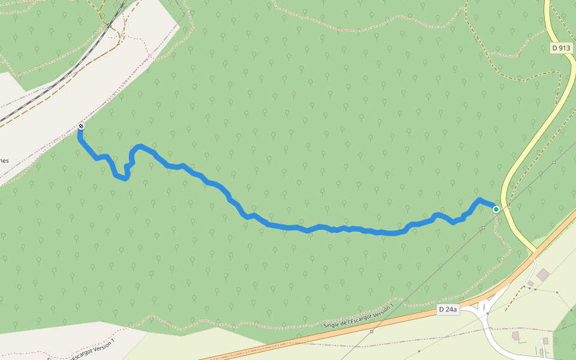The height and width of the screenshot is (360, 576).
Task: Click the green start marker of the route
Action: (496, 209)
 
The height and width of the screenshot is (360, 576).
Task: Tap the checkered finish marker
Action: (80, 126)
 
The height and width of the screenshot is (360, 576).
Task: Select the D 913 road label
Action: (560, 48)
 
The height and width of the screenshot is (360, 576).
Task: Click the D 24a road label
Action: (448, 310)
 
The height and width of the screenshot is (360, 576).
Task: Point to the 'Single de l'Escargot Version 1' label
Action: (358, 316)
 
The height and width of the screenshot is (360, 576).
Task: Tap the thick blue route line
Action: (288, 227)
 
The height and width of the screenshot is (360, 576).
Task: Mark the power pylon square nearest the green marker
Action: (483, 228)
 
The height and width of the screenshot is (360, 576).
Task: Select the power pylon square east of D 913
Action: (554, 162)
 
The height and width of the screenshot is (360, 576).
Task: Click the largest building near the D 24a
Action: (543, 274)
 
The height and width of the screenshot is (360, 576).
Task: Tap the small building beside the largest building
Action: (530, 283)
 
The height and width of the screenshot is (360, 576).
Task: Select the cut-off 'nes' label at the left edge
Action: (4, 160)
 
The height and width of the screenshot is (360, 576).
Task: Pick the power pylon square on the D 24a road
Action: (372, 331)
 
